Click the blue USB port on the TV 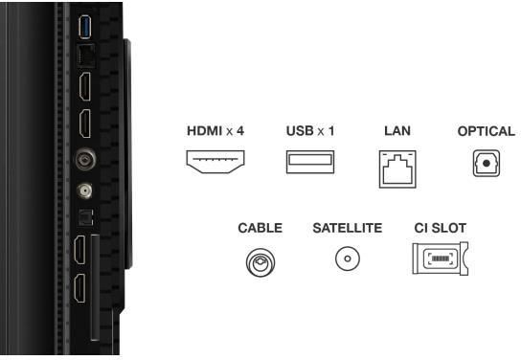click(84, 27)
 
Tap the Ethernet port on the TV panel click(86, 56)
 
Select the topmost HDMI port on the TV click(85, 87)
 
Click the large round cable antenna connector click(86, 159)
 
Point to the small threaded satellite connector click(84, 191)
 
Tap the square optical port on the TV click(85, 217)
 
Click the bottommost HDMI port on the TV click(79, 288)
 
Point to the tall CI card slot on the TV click(95, 287)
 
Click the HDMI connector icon click(215, 162)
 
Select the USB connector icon click(310, 162)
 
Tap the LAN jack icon click(397, 169)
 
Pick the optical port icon click(487, 163)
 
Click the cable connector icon click(260, 262)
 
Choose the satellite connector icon click(348, 259)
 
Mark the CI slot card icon click(441, 259)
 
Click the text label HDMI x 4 click(215, 131)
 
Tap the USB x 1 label click(310, 131)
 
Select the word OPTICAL click(487, 131)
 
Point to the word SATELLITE click(348, 228)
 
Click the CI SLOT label click(441, 228)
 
